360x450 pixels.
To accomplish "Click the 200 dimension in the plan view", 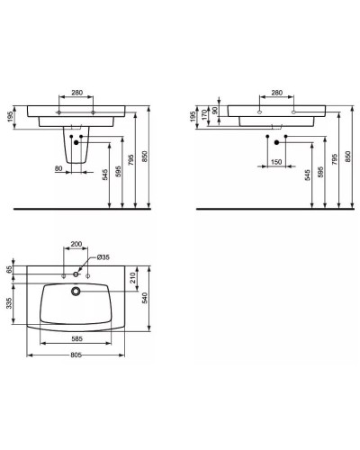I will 77,245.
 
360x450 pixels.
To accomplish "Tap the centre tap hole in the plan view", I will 77,273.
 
